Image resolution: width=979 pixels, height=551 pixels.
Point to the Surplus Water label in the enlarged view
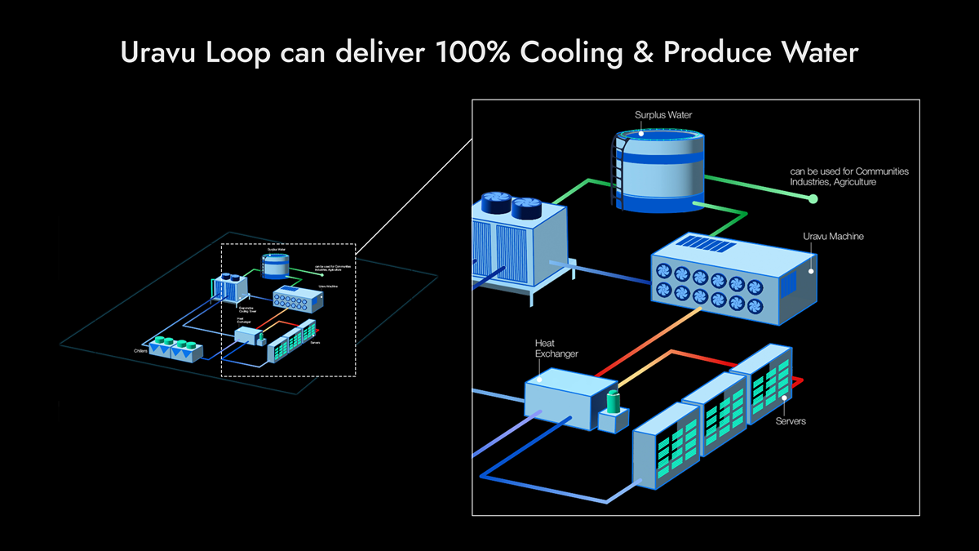663,115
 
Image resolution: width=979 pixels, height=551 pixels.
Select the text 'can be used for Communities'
848,171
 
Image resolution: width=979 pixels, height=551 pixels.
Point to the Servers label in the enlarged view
791,421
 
